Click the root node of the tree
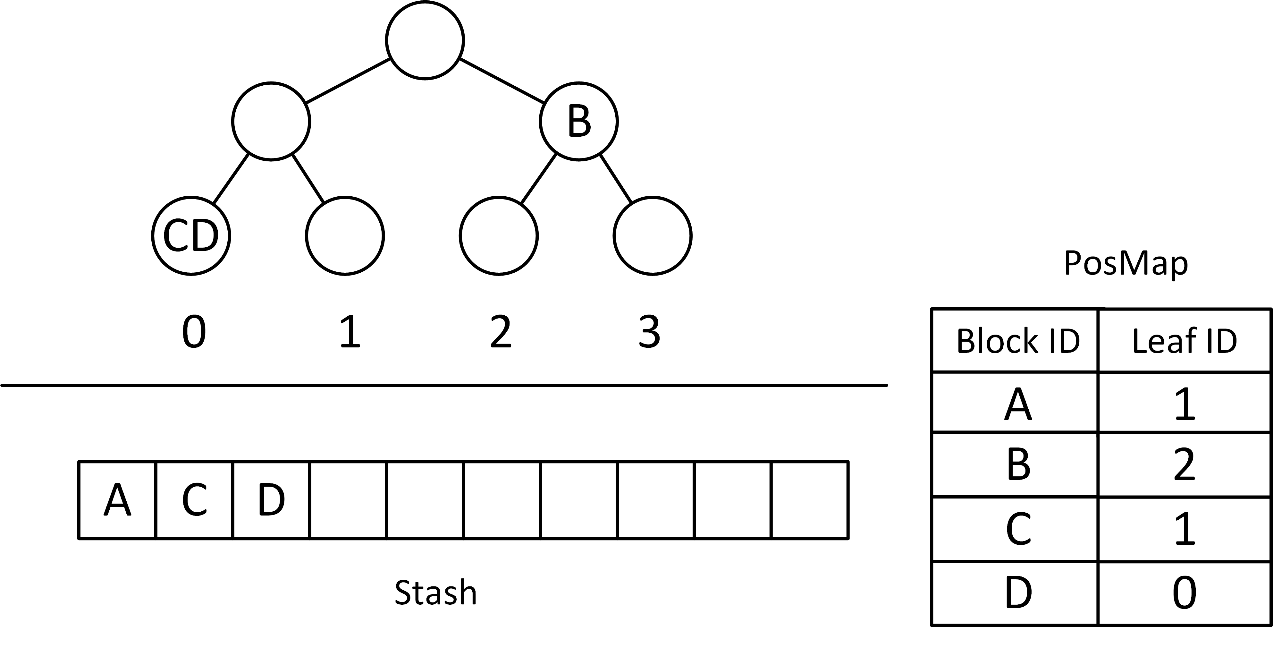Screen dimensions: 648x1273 [425, 40]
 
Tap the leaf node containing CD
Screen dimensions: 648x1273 [191, 236]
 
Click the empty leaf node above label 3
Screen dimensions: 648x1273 [652, 236]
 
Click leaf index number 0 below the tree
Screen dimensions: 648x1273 [194, 332]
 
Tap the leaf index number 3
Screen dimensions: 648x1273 [649, 332]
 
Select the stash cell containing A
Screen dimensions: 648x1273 [117, 500]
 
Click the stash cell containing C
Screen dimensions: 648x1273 [194, 500]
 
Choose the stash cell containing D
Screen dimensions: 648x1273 [271, 500]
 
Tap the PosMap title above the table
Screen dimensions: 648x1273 [1125, 263]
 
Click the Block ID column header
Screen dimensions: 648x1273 [1017, 341]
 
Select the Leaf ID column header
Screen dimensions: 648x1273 [1184, 341]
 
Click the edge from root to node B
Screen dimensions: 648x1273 [502, 81]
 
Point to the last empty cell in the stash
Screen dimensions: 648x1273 [809, 500]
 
